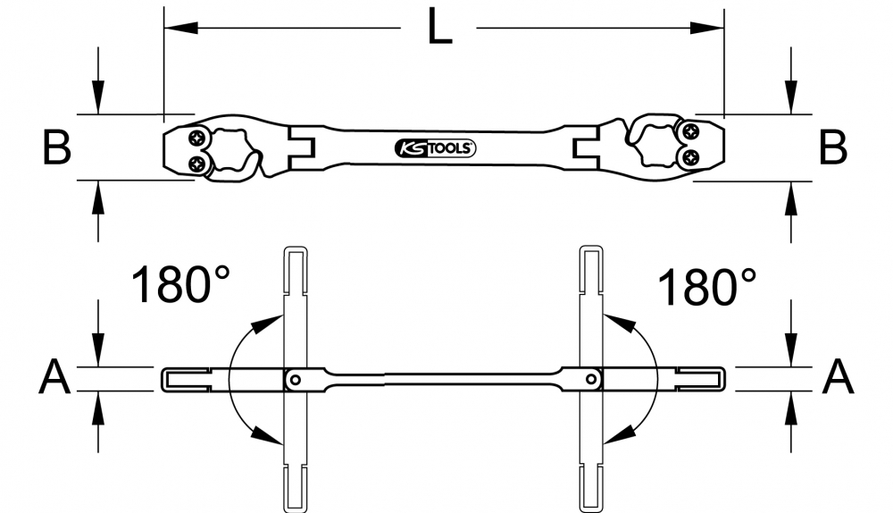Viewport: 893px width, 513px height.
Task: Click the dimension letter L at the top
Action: [x=439, y=26]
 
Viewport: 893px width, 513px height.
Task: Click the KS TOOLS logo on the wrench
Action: [x=435, y=148]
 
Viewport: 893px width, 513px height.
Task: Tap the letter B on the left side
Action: [x=57, y=147]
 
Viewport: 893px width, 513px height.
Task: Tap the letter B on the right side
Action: [x=832, y=147]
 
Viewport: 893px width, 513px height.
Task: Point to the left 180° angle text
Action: [x=180, y=284]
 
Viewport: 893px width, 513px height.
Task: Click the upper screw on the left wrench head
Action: [x=197, y=138]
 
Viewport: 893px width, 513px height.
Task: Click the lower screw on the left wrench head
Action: [x=197, y=164]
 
